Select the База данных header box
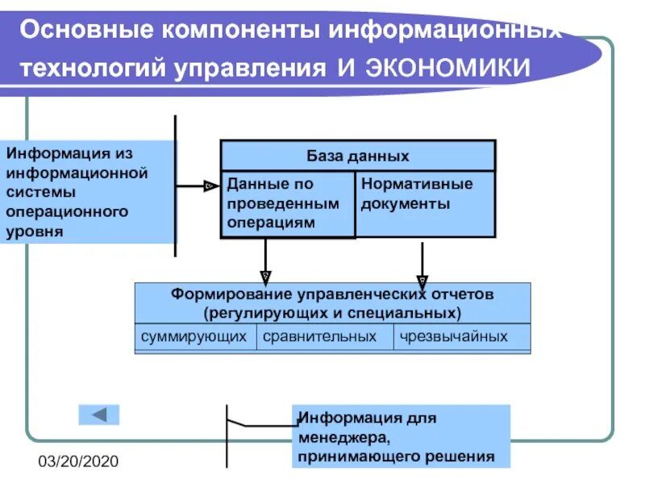click(x=358, y=156)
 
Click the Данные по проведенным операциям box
click(x=288, y=205)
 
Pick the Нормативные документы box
click(x=425, y=204)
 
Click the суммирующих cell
click(x=194, y=336)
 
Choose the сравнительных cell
click(x=325, y=336)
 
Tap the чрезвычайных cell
click(x=462, y=336)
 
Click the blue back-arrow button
click(x=98, y=415)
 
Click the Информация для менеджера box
click(x=401, y=436)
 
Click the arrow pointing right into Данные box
click(x=198, y=186)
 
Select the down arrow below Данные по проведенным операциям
click(x=266, y=263)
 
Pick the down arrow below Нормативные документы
click(x=421, y=263)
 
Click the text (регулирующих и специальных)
click(x=332, y=311)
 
